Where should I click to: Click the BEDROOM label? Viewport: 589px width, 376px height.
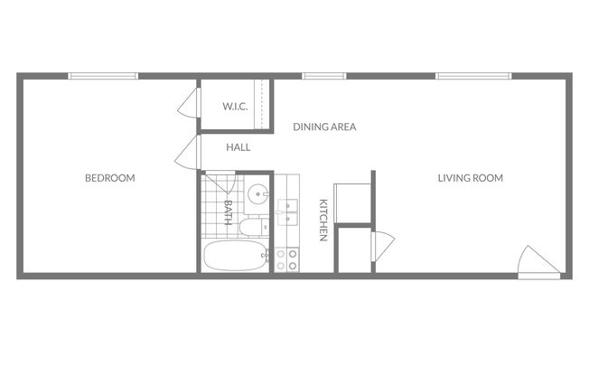coord(109,178)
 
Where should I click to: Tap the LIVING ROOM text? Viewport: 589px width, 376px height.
coord(470,178)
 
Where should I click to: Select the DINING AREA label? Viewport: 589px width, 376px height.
coord(324,127)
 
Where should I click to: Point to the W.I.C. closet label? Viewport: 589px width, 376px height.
coord(235,107)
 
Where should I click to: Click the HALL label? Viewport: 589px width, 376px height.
coord(238,146)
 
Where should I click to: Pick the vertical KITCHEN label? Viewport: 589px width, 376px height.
coord(323,220)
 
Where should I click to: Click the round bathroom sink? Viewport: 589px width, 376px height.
coord(259,193)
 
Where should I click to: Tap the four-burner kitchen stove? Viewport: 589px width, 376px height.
coord(287,260)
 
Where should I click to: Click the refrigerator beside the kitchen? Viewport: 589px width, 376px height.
coord(351,202)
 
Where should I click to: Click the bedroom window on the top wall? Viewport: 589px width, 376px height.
coord(103,76)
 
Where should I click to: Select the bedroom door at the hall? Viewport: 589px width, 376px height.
coord(188,153)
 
